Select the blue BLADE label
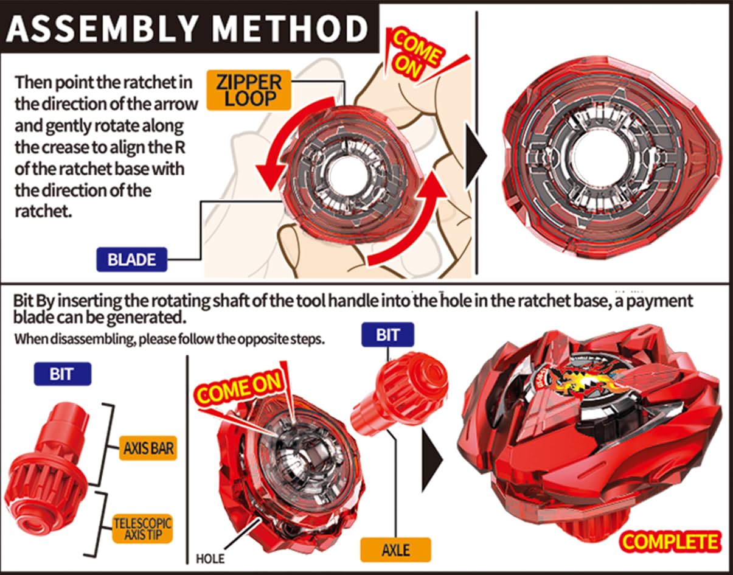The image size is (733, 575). (x=131, y=259)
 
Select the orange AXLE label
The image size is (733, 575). (x=396, y=550)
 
